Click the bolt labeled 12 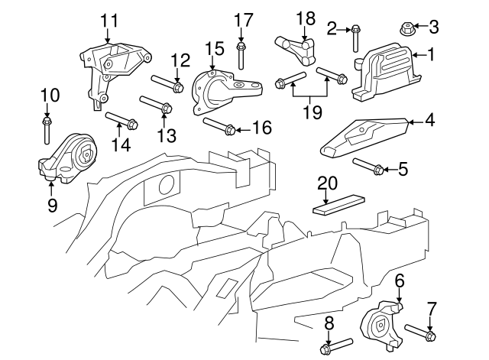coord(165,83)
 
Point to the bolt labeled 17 coord(241,54)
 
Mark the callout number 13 coord(167,135)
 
